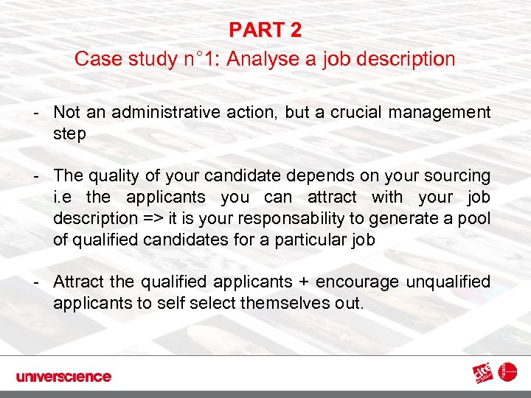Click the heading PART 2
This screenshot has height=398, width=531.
coord(265,30)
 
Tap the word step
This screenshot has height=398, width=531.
coord(69,133)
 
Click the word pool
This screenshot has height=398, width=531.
coord(474,219)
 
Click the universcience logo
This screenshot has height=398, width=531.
coord(63,377)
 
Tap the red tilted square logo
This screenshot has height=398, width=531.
coord(485,373)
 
